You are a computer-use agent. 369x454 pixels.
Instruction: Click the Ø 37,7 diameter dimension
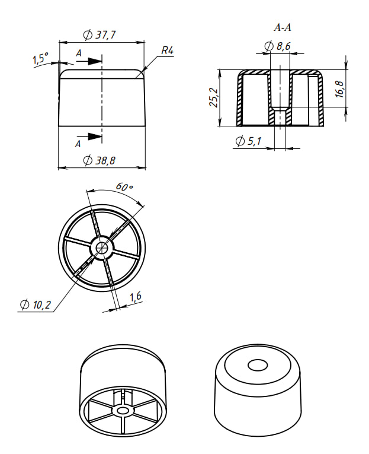[x=100, y=35]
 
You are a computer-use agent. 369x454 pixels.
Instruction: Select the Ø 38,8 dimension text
[x=99, y=160]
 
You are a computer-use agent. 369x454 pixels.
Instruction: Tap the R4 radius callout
[x=167, y=50]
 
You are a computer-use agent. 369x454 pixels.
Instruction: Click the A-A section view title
[x=283, y=27]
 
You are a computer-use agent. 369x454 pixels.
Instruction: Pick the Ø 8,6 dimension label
[x=277, y=46]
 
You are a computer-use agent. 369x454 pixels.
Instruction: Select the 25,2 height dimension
[x=214, y=97]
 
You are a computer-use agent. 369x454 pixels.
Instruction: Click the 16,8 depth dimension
[x=339, y=89]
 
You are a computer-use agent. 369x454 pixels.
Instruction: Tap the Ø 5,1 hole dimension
[x=249, y=141]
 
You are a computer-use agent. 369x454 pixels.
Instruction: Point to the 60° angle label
[x=124, y=187]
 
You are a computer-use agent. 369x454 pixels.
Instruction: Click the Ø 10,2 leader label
[x=36, y=304]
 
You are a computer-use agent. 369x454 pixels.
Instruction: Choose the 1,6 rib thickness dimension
[x=135, y=297]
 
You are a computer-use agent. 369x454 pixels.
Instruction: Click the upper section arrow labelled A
[x=89, y=61]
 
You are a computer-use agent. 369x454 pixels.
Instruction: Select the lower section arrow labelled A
[x=89, y=136]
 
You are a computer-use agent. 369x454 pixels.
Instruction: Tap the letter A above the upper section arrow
[x=79, y=53]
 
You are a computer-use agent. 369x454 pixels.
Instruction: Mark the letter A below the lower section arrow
[x=78, y=144]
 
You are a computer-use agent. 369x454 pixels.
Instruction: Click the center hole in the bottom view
[x=102, y=247]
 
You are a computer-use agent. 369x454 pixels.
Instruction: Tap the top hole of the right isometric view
[x=258, y=366]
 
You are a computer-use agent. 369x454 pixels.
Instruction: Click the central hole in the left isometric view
[x=123, y=410]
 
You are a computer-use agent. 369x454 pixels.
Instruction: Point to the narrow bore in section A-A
[x=280, y=116]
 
